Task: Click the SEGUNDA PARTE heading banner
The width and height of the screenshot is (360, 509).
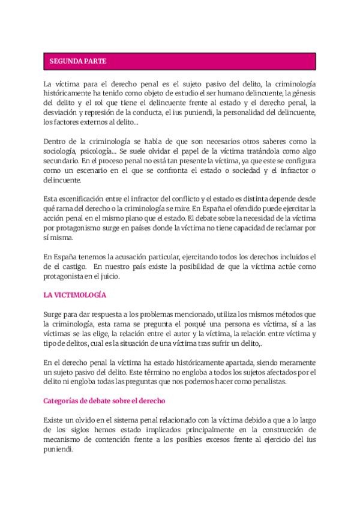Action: pyautogui.click(x=180, y=61)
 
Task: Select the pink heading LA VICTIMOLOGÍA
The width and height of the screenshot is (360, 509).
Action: pyautogui.click(x=75, y=295)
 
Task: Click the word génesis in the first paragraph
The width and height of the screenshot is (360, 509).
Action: pyautogui.click(x=302, y=93)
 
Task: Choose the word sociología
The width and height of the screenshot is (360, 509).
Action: pyautogui.click(x=63, y=149)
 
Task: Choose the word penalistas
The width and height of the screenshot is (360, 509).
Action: pyautogui.click(x=267, y=381)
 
